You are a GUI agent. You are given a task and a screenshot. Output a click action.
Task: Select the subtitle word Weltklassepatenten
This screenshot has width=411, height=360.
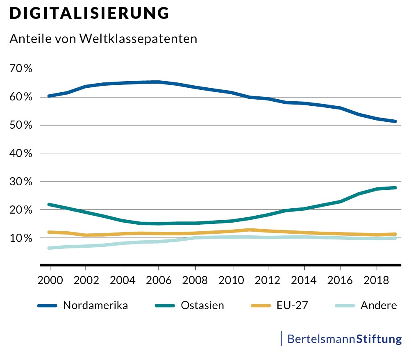click(139, 39)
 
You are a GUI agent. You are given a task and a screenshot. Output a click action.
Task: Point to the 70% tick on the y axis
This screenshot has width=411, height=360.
click(21, 69)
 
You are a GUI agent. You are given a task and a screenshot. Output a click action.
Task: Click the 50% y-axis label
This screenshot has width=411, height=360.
click(21, 125)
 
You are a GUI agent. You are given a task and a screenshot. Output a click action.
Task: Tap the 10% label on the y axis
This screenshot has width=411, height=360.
click(21, 238)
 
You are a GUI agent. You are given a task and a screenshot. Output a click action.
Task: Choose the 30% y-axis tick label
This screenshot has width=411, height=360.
click(21, 181)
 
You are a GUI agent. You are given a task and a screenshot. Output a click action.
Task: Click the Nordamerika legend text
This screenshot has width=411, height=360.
click(95, 305)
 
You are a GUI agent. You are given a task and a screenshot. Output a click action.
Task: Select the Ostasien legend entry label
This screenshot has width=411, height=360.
click(202, 305)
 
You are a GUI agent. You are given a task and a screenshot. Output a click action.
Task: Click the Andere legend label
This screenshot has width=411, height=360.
click(379, 305)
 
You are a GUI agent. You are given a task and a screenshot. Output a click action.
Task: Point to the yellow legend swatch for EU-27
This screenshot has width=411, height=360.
click(259, 306)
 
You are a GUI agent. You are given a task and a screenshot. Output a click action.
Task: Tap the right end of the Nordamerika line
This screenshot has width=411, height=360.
click(395, 121)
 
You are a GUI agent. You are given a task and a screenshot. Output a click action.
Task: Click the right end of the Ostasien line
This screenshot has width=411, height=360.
click(395, 188)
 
